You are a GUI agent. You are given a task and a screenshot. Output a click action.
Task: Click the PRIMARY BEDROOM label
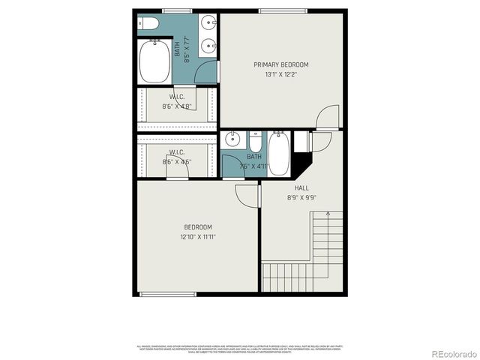point(280,64)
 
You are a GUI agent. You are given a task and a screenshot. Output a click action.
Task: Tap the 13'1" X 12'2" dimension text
point(280,74)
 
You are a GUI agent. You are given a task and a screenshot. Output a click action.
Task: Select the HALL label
point(301,188)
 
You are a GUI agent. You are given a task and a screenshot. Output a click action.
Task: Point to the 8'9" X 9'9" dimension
point(301,198)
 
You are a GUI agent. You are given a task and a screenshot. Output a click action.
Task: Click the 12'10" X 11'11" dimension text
point(198,237)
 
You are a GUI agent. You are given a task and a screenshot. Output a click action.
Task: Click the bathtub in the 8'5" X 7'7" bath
point(154,61)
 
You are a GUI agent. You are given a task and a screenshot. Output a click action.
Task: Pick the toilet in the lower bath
point(256,141)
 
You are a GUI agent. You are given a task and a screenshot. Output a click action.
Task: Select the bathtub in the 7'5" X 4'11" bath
point(278,153)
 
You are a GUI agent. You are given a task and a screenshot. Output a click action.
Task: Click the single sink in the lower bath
point(233,140)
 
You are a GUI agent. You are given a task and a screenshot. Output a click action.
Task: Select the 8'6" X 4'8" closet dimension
point(177,106)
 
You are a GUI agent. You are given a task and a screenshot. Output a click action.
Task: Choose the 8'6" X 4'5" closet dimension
point(177,161)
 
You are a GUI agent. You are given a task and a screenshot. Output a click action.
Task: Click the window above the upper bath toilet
point(177,10)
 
